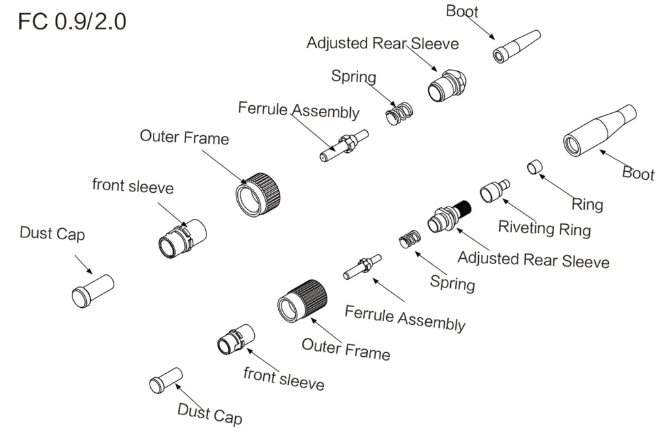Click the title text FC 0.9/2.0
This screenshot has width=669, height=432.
[72, 22]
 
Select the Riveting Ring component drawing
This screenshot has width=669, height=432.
[495, 191]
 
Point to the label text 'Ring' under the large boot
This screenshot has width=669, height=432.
[587, 204]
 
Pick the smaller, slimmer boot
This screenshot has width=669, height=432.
[517, 46]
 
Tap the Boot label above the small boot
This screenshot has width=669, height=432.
[462, 11]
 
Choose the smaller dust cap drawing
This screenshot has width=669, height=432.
[165, 380]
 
